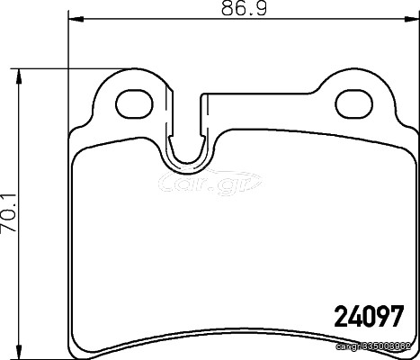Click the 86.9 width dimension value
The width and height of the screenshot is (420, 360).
[x=244, y=8]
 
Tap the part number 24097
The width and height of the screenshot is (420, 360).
[x=368, y=316]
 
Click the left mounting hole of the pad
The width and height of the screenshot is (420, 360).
[x=134, y=103]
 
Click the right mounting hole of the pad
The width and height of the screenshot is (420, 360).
[x=354, y=104]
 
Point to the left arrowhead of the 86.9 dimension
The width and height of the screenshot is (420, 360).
[x=76, y=19]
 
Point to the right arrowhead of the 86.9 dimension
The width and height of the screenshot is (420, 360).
[x=411, y=19]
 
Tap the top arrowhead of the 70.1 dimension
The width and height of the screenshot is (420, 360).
[x=19, y=76]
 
